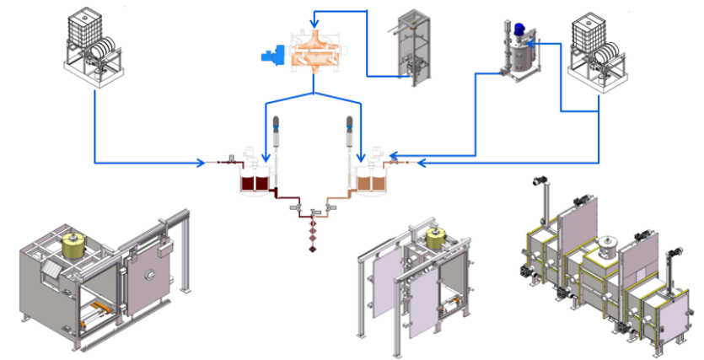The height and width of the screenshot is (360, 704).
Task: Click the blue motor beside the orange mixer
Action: pos(272,56)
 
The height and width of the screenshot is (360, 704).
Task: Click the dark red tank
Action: pos(255,181)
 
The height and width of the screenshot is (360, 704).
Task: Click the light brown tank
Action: pos(369,181)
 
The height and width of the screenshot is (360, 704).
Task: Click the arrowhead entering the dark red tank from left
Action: pos(201,162)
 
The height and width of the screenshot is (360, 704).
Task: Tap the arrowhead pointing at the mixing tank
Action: pos(534,44)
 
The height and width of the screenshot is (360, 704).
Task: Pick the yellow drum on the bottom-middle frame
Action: pos(436,239)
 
